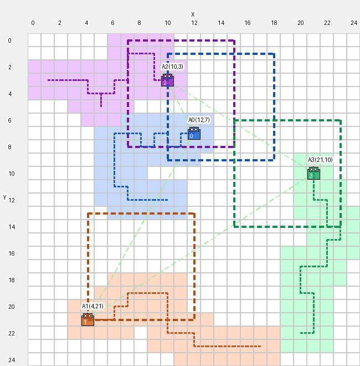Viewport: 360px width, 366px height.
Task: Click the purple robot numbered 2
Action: pos(167,80)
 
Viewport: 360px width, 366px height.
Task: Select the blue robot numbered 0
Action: pos(194,133)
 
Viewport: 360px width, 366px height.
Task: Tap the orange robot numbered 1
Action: pos(88,319)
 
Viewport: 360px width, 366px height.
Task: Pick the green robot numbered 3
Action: pos(313,173)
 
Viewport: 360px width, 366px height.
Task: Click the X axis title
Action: pos(193,14)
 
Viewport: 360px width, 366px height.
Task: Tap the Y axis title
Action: pos(4,198)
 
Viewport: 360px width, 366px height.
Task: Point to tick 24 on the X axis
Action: pos(354,23)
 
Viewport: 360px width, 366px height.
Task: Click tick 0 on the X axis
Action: pos(33,23)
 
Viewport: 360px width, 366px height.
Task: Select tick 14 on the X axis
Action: pos(221,23)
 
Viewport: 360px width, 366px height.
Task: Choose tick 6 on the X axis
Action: pos(112,23)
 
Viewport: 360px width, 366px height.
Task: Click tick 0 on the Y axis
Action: pos(9,40)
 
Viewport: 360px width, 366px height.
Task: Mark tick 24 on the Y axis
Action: pos(12,360)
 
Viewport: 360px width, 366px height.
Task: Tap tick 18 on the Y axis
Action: pos(12,280)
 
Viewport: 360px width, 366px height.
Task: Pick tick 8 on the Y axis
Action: pos(9,147)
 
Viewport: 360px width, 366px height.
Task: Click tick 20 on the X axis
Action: pos(301,23)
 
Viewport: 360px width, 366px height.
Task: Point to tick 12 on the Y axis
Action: pos(12,200)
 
